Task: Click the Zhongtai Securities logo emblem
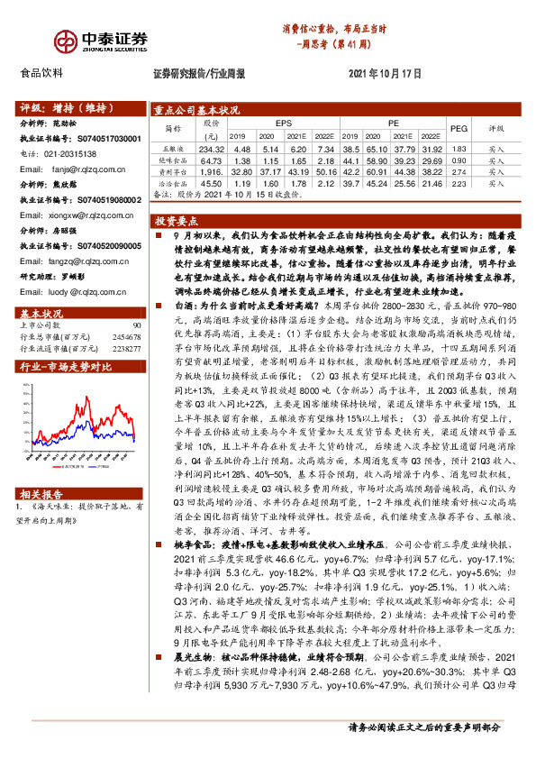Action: [38, 41]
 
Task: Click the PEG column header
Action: [459, 129]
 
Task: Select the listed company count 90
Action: [137, 325]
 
